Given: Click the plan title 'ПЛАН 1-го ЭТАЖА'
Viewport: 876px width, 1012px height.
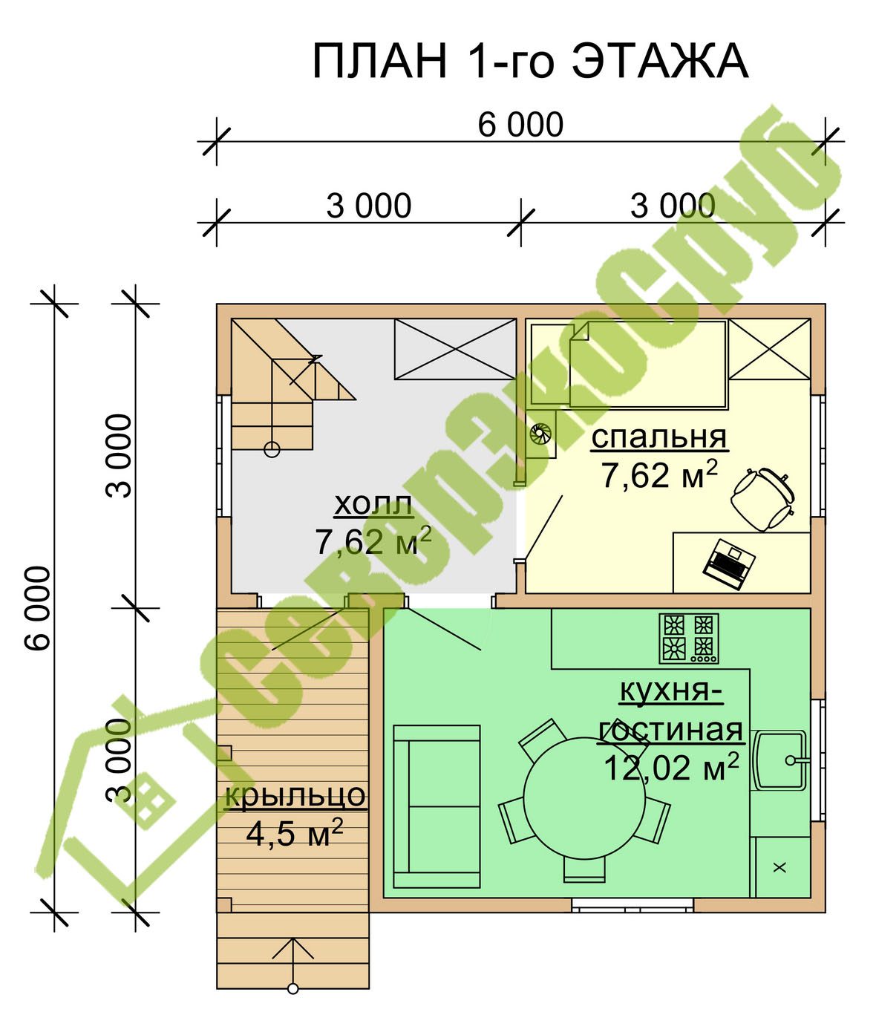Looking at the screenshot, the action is pos(530,62).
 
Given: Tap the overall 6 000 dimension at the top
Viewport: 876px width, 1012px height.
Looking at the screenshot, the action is pos(520,125).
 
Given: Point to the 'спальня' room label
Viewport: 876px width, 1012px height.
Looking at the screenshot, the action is pos(659,437).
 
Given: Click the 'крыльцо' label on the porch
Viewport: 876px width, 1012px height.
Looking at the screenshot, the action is pos(295,795).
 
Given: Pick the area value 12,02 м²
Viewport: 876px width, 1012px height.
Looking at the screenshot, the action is pos(671,768).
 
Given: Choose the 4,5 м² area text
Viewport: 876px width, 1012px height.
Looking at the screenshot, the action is pos(294,835).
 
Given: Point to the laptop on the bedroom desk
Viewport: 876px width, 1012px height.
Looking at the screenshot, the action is pos(728,564).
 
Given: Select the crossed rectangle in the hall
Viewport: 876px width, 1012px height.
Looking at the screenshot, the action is pos(455,349).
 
